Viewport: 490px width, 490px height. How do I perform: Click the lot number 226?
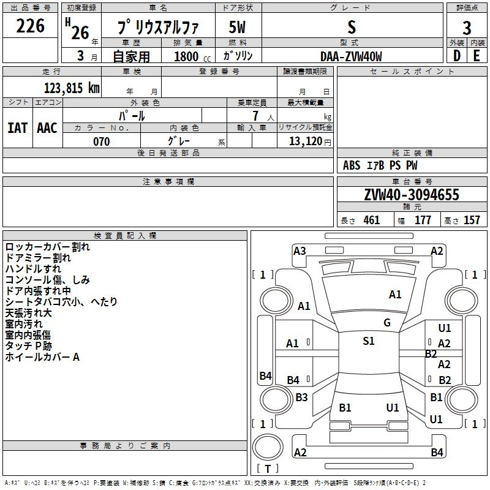pos(30,26)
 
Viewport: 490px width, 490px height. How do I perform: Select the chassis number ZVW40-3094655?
pos(412,195)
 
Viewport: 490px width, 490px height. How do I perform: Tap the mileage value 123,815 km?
pos(72,88)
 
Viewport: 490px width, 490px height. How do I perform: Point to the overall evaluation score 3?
pos(467,28)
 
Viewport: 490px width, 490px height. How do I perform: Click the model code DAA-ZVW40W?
pos(351,56)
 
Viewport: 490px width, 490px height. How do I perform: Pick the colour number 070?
pos(102,141)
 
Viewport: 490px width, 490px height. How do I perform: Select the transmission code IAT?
pos(17,128)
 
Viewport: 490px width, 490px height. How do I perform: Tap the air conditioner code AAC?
pos(47,128)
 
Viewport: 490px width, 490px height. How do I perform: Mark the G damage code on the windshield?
pos(387,323)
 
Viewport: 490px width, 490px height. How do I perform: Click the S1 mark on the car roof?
pos(369,341)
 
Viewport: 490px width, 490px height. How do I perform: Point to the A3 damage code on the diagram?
pos(300,251)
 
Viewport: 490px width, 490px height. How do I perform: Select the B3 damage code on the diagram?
pos(301,397)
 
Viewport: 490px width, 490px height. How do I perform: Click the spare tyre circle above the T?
pos(268,447)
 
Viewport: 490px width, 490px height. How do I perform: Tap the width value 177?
pos(423,220)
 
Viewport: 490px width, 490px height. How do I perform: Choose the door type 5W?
pos(237,27)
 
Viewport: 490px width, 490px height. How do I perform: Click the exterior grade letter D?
pos(457,56)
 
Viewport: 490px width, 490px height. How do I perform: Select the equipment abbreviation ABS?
pos(352,165)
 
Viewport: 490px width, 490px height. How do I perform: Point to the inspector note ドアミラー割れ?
pos(38,258)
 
